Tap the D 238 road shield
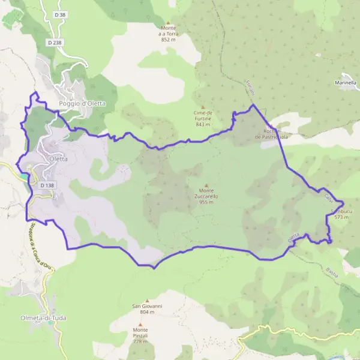(x=55, y=43)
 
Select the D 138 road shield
(x=47, y=186)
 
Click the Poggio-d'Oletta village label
(x=82, y=103)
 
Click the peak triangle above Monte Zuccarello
(x=206, y=185)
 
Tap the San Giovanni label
(x=147, y=306)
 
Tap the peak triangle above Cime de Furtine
(x=203, y=107)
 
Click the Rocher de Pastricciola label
(x=271, y=134)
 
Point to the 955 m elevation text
(x=206, y=202)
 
